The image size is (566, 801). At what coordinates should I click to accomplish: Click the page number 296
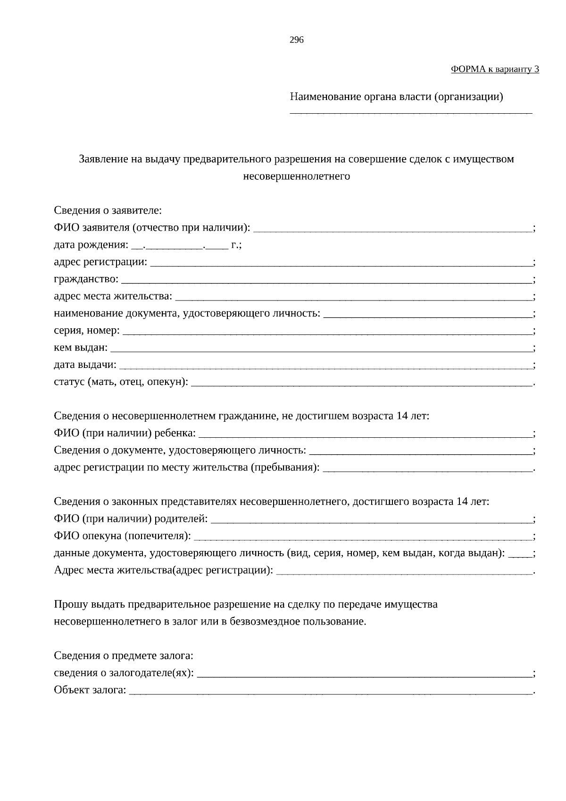click(296, 40)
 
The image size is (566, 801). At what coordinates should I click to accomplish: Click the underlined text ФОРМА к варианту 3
click(495, 69)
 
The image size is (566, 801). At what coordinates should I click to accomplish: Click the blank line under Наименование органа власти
click(410, 112)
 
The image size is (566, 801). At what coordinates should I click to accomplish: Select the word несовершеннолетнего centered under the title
click(296, 177)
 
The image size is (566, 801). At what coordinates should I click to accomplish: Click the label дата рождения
click(91, 245)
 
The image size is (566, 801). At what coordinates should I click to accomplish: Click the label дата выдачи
click(85, 365)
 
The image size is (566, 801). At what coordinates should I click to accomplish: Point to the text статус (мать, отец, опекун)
click(121, 382)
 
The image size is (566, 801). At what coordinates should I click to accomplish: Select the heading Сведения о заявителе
click(108, 211)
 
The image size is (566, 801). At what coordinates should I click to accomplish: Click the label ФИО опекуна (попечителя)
click(122, 536)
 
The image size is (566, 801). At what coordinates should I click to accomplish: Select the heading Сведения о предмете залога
click(124, 656)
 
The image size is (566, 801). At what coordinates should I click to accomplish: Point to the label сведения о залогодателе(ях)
click(124, 674)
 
